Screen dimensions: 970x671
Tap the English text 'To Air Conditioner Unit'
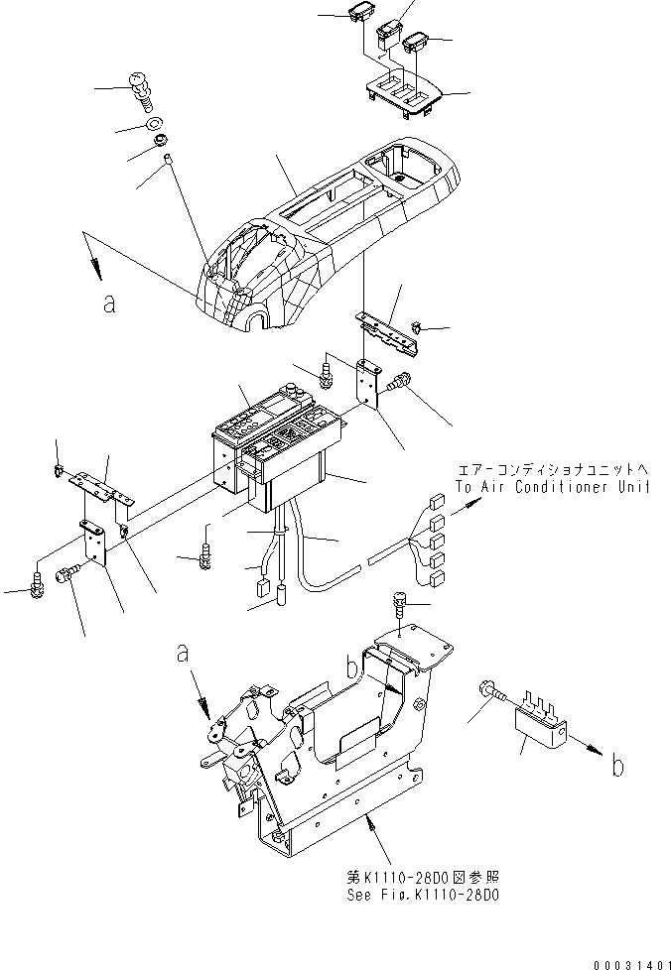coord(553,486)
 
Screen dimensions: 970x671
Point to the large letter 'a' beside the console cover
coord(109,304)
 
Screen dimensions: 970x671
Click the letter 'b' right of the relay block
coord(617,767)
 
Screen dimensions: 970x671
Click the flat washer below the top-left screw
coord(155,125)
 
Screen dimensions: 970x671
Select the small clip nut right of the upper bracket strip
coord(419,327)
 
